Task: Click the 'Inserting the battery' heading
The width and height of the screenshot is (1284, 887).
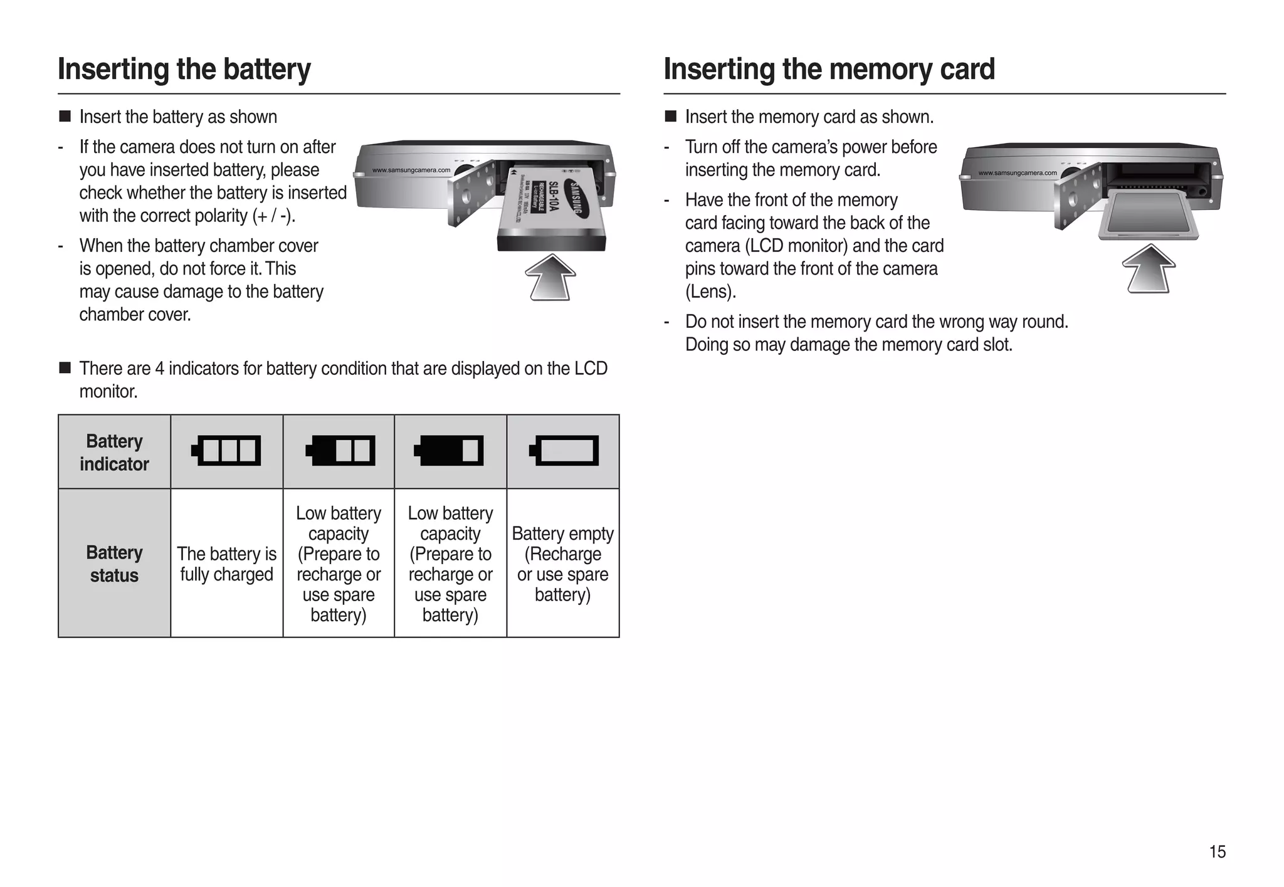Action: pyautogui.click(x=184, y=69)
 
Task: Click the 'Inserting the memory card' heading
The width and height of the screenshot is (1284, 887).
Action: pyautogui.click(x=829, y=69)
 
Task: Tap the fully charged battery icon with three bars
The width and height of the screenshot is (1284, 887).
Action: pyautogui.click(x=226, y=451)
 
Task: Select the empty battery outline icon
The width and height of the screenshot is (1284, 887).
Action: pyautogui.click(x=564, y=451)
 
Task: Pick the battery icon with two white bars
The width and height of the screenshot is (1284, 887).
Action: pyautogui.click(x=340, y=451)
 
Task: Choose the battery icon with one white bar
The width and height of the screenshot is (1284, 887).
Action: pyautogui.click(x=449, y=451)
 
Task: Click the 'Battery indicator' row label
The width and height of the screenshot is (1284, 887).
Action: pyautogui.click(x=114, y=453)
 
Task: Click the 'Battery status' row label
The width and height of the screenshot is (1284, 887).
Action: pyautogui.click(x=114, y=564)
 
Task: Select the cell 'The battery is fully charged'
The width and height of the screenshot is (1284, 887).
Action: pyautogui.click(x=226, y=564)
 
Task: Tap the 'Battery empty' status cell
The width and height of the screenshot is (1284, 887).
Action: pyautogui.click(x=562, y=564)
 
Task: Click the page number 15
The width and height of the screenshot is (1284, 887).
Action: pyautogui.click(x=1217, y=852)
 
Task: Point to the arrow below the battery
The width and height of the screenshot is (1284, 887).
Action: pyautogui.click(x=550, y=278)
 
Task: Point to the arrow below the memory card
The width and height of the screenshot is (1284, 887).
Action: pyautogui.click(x=1149, y=269)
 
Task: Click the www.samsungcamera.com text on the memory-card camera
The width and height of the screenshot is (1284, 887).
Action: pyautogui.click(x=1017, y=173)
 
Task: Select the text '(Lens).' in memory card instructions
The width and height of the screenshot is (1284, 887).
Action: pyautogui.click(x=710, y=292)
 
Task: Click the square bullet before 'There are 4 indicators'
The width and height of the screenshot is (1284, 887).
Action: pyautogui.click(x=65, y=368)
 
